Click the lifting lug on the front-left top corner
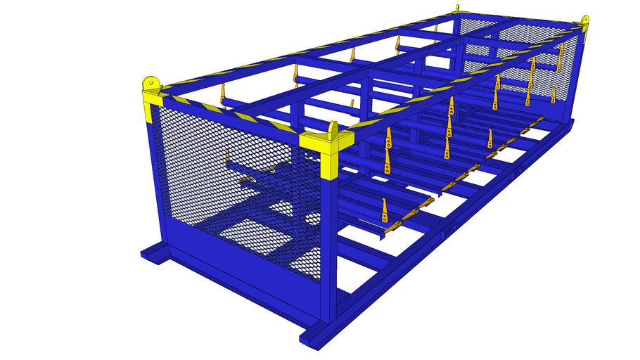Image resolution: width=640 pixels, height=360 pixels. click(x=150, y=82)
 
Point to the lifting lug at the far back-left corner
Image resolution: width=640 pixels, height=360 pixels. click(x=458, y=9)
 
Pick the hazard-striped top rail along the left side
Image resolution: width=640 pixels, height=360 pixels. click(x=295, y=53)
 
